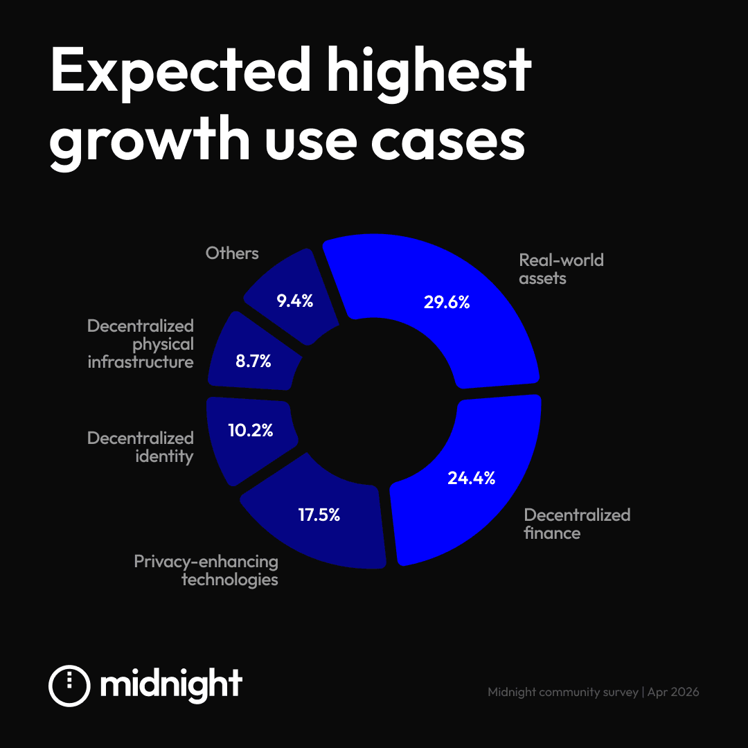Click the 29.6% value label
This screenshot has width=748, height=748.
[x=447, y=302]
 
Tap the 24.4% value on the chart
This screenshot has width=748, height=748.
[x=471, y=478]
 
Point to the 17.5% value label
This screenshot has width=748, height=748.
[x=319, y=515]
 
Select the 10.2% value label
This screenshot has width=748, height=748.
[x=251, y=430]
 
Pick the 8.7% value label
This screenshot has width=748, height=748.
[x=253, y=361]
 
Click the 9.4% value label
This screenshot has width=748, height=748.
[x=295, y=301]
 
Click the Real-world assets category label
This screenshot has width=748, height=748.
[x=561, y=269]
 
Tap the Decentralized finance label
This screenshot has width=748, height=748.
[x=577, y=524]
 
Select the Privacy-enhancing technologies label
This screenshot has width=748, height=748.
[x=206, y=570]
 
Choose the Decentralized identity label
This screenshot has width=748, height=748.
[x=141, y=447]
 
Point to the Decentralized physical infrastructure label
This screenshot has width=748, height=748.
[x=141, y=344]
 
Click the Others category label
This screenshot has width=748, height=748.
[x=232, y=253]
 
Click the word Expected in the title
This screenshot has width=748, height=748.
[x=178, y=73]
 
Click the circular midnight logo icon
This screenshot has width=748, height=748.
[x=69, y=686]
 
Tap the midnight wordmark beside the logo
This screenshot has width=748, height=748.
[x=171, y=684]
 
